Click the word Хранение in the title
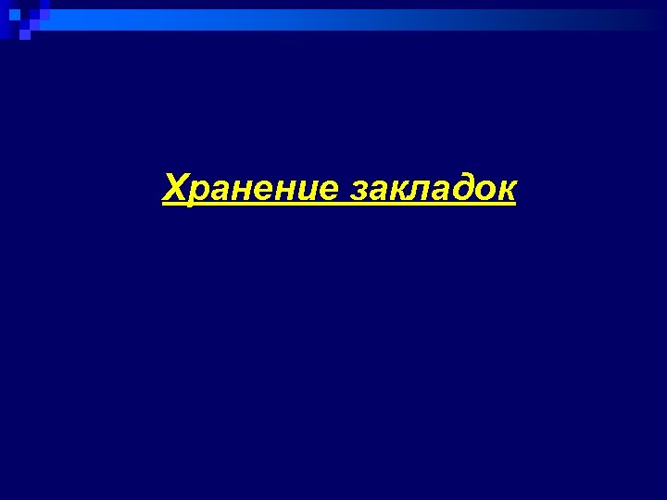click(250, 188)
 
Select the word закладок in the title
click(433, 188)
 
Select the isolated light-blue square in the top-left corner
click(14, 14)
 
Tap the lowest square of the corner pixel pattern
click(24, 36)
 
